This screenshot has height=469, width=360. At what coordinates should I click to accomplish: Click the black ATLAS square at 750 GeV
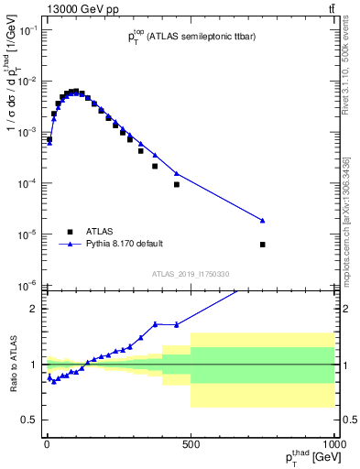pyautogui.click(x=263, y=245)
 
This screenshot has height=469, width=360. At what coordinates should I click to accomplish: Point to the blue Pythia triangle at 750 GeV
pyautogui.click(x=263, y=221)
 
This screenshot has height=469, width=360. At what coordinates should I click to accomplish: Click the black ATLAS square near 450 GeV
pyautogui.click(x=177, y=185)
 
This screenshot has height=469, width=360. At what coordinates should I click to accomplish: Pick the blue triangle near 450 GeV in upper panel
pyautogui.click(x=177, y=173)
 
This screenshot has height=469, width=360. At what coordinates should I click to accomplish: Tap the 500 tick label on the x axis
pyautogui.click(x=191, y=443)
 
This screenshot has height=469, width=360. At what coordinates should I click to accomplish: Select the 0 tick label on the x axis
pyautogui.click(x=47, y=443)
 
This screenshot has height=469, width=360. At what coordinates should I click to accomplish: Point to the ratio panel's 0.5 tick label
pyautogui.click(x=30, y=420)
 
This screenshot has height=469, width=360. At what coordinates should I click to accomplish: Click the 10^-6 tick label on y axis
pyautogui.click(x=27, y=285)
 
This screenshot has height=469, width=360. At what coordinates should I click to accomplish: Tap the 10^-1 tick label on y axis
pyautogui.click(x=27, y=30)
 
